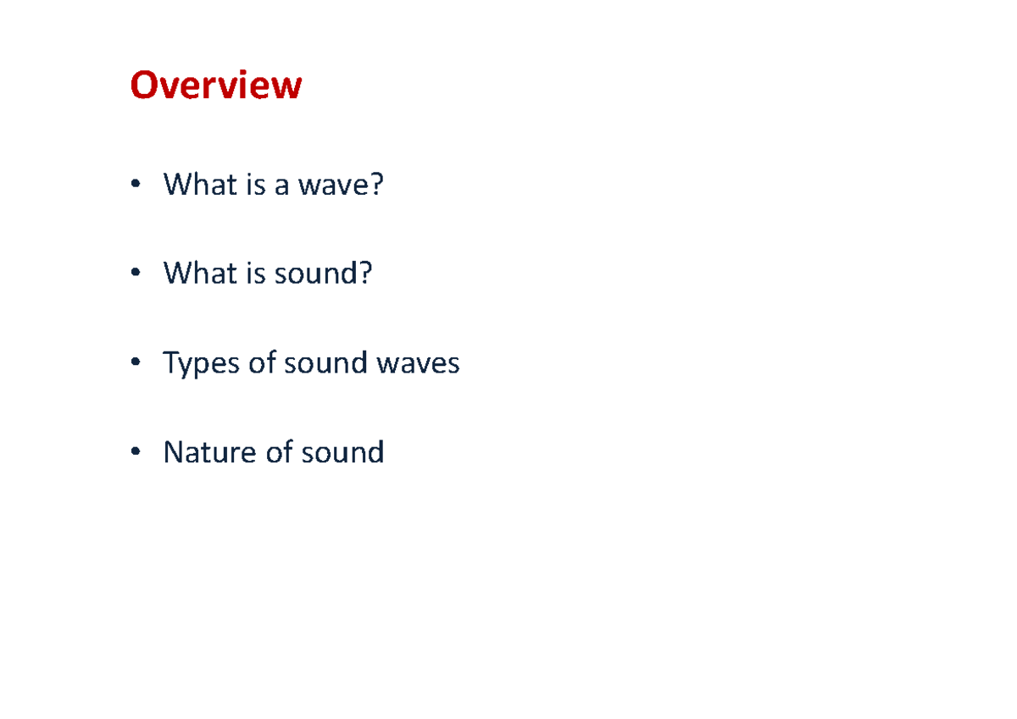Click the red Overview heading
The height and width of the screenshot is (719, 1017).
pyautogui.click(x=215, y=86)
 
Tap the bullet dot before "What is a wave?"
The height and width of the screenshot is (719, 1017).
pyautogui.click(x=135, y=185)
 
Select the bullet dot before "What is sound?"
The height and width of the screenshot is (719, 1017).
pyautogui.click(x=135, y=274)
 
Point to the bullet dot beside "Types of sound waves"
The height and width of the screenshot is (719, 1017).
pyautogui.click(x=135, y=364)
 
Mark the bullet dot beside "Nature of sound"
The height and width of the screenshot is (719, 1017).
pyautogui.click(x=135, y=453)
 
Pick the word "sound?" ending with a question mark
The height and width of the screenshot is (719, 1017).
pyautogui.click(x=323, y=274)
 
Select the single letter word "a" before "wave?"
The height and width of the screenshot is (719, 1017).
pyautogui.click(x=281, y=185)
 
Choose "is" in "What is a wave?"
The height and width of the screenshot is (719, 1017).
pyautogui.click(x=255, y=185)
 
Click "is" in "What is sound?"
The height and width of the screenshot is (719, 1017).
pyautogui.click(x=255, y=274)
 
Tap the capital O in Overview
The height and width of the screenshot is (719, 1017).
pyautogui.click(x=143, y=86)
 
